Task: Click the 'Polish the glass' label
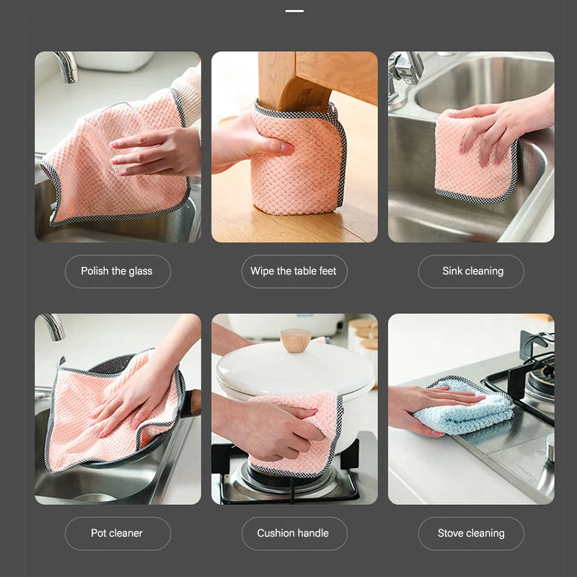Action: tap(117, 271)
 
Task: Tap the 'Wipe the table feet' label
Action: tap(294, 271)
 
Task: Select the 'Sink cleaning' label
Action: tap(473, 271)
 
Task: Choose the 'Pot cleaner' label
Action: tap(117, 533)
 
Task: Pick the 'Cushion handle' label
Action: tap(293, 533)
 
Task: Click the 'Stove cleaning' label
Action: tap(471, 533)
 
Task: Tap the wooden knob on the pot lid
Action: tap(295, 340)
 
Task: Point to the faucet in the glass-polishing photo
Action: tap(67, 66)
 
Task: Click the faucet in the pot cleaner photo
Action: tap(53, 327)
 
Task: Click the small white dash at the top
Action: tap(294, 11)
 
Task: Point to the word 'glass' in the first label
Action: tap(141, 272)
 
